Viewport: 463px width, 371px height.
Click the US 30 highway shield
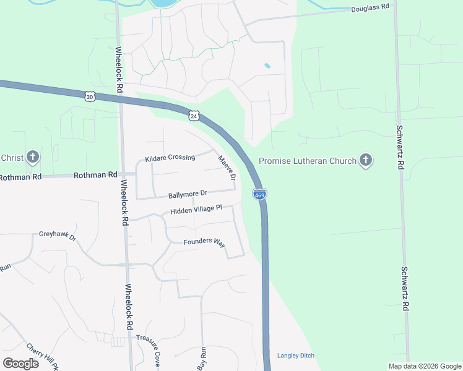coord(90,96)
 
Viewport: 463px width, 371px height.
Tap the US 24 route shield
coord(194,116)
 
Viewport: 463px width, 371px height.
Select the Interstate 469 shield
coord(259,194)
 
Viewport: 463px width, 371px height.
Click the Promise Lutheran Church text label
coord(307,161)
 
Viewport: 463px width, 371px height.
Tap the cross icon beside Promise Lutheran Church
coord(366,161)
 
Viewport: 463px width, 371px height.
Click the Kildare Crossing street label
coord(170,158)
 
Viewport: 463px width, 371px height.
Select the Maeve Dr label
coord(227,168)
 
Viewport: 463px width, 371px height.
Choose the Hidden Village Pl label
coord(196,210)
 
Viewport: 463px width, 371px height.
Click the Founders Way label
coord(204,242)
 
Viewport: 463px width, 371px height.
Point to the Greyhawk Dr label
coord(57,236)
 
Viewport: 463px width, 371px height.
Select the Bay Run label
coord(201,359)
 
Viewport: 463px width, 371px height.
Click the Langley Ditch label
coord(296,356)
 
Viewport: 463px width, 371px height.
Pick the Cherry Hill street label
coord(42,357)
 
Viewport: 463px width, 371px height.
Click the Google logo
coord(20,363)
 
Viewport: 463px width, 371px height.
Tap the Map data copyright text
coord(424,366)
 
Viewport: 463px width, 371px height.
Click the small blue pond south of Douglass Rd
coord(267,65)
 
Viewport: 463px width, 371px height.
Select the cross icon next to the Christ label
coord(33,158)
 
